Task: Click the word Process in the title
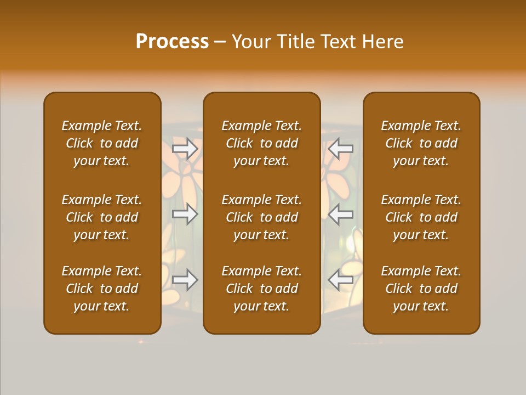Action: click(x=172, y=42)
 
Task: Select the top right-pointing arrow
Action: click(x=185, y=148)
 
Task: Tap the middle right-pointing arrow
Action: click(x=185, y=214)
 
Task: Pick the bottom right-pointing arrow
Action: click(x=185, y=280)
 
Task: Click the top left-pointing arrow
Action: click(x=341, y=148)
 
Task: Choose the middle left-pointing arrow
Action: click(x=341, y=214)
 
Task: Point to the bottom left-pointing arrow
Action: click(x=341, y=280)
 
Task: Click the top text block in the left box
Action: click(x=102, y=143)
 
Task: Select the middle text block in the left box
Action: click(x=102, y=217)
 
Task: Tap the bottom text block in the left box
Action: click(x=102, y=289)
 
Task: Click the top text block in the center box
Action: click(x=262, y=143)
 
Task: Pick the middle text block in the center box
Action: click(x=262, y=217)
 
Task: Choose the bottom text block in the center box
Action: click(x=262, y=289)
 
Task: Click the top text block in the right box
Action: click(x=421, y=143)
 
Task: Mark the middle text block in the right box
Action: click(x=421, y=217)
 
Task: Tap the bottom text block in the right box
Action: click(x=421, y=289)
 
